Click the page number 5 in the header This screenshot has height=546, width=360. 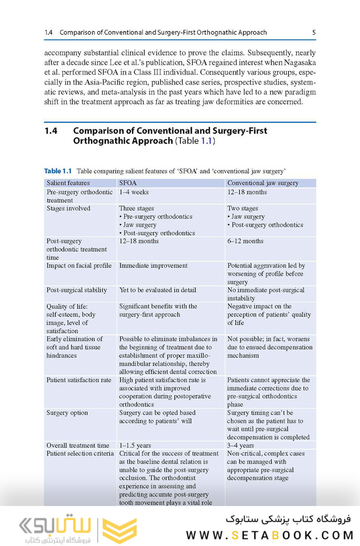tap(313, 32)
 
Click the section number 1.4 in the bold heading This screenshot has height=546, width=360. tap(51, 131)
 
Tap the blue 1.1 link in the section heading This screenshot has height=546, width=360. tap(206, 141)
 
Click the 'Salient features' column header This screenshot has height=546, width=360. tap(68, 183)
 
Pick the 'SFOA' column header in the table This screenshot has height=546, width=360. tap(127, 183)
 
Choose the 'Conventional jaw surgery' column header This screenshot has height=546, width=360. tap(262, 183)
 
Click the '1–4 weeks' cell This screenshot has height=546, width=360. tap(133, 192)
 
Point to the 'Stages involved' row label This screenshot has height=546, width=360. tap(68, 208)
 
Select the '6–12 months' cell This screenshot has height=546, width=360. tap(245, 241)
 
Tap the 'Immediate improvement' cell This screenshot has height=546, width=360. tap(153, 266)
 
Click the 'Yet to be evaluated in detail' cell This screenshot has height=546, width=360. tap(157, 290)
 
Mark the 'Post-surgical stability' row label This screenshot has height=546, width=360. tap(77, 290)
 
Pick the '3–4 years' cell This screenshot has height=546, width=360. tap(241, 445)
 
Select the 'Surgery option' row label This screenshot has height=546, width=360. tap(67, 413)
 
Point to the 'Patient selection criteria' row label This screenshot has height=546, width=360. tap(80, 453)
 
